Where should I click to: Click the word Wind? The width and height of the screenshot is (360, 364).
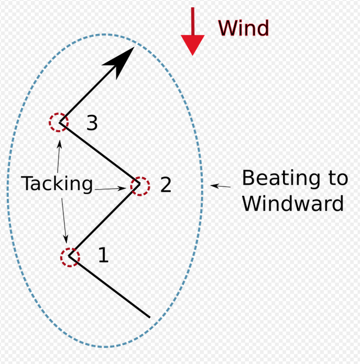[243, 28]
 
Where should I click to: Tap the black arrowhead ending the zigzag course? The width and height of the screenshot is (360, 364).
[122, 58]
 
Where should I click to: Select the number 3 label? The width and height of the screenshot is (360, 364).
[92, 123]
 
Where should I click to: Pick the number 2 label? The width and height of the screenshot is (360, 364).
[166, 184]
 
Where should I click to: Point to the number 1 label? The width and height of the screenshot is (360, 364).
[104, 256]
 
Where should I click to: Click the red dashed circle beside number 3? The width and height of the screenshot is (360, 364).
[58, 123]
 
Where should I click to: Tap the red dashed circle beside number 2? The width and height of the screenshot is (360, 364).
[140, 185]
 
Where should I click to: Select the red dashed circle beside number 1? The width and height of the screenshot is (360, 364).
[70, 257]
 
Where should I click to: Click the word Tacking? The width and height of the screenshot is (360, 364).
[57, 184]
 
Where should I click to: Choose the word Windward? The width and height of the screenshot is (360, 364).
[293, 203]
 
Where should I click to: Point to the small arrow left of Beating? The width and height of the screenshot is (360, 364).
[221, 186]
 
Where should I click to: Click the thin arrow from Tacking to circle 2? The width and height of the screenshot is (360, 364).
[112, 188]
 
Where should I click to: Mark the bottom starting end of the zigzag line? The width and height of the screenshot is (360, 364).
[149, 317]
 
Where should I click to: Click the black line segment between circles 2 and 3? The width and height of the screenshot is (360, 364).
[100, 154]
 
